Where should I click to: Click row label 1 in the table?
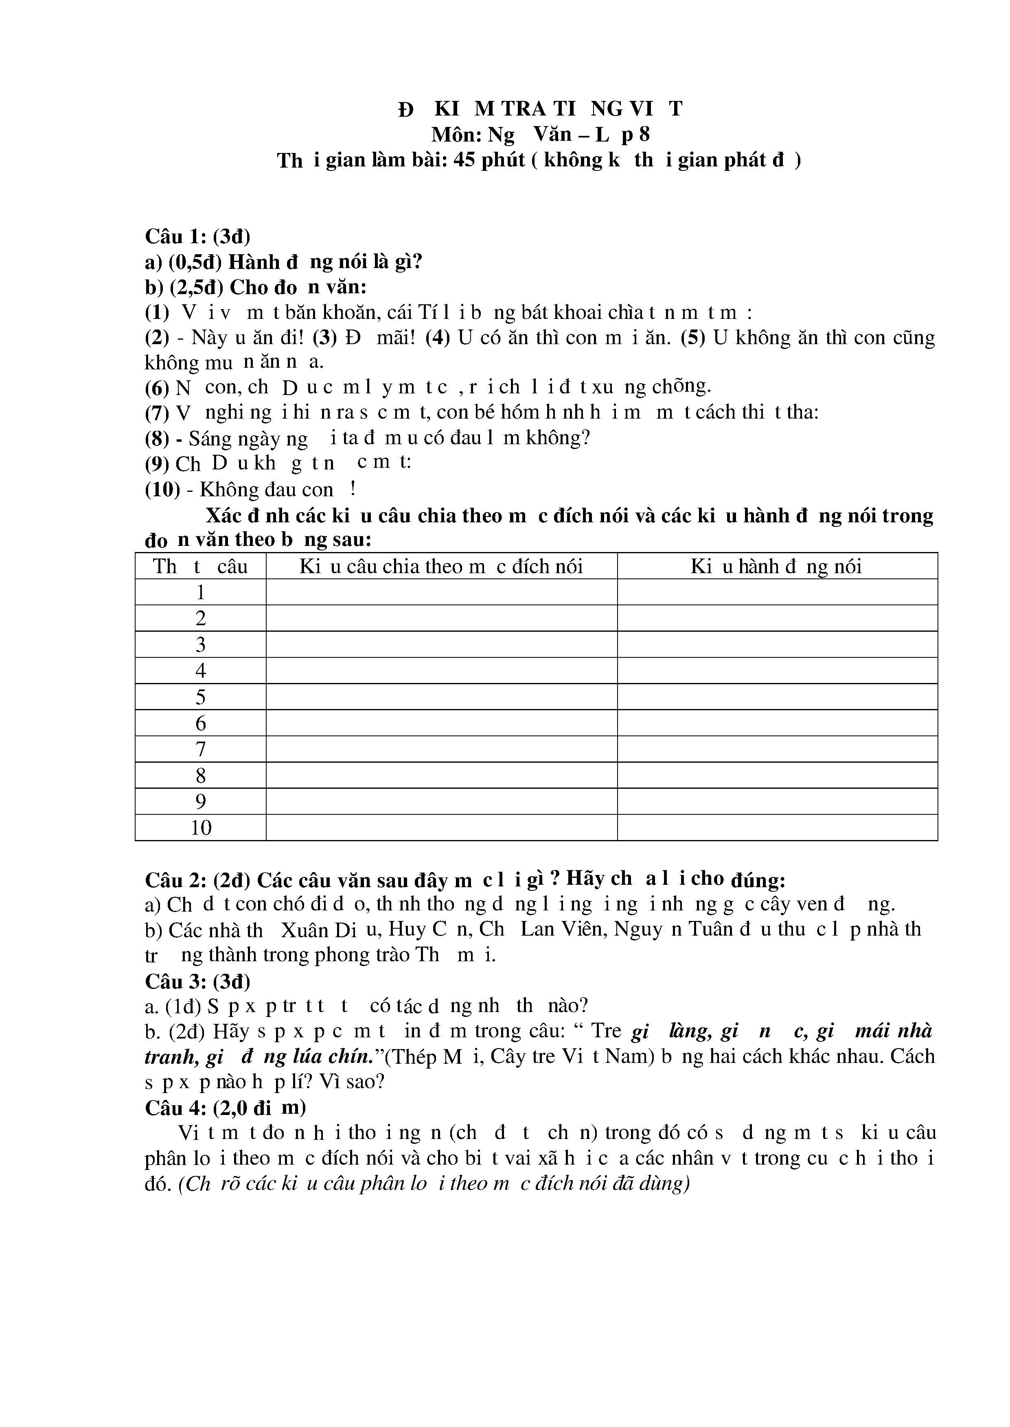200,592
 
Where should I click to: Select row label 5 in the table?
200,697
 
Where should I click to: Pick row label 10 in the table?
201,828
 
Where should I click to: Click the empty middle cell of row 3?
442,644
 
